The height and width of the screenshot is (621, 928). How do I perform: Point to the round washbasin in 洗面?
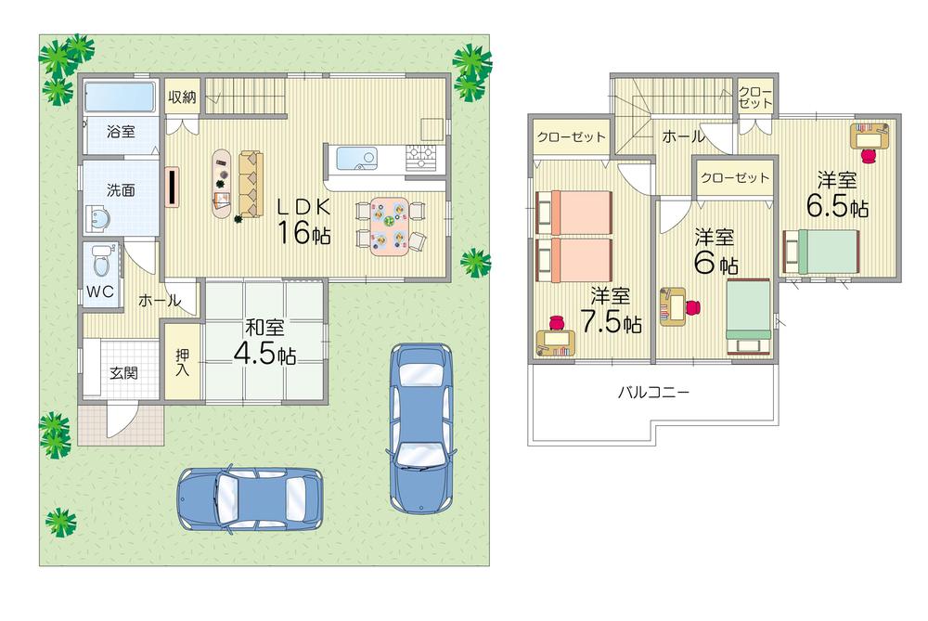click(99, 219)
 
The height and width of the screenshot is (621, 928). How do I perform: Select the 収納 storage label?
click(182, 97)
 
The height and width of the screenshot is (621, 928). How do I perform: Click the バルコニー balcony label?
click(653, 392)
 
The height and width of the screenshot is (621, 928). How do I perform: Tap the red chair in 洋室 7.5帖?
click(557, 322)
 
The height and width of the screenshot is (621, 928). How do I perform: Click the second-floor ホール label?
click(682, 137)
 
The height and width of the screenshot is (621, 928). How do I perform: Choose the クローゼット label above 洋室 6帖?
click(735, 176)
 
